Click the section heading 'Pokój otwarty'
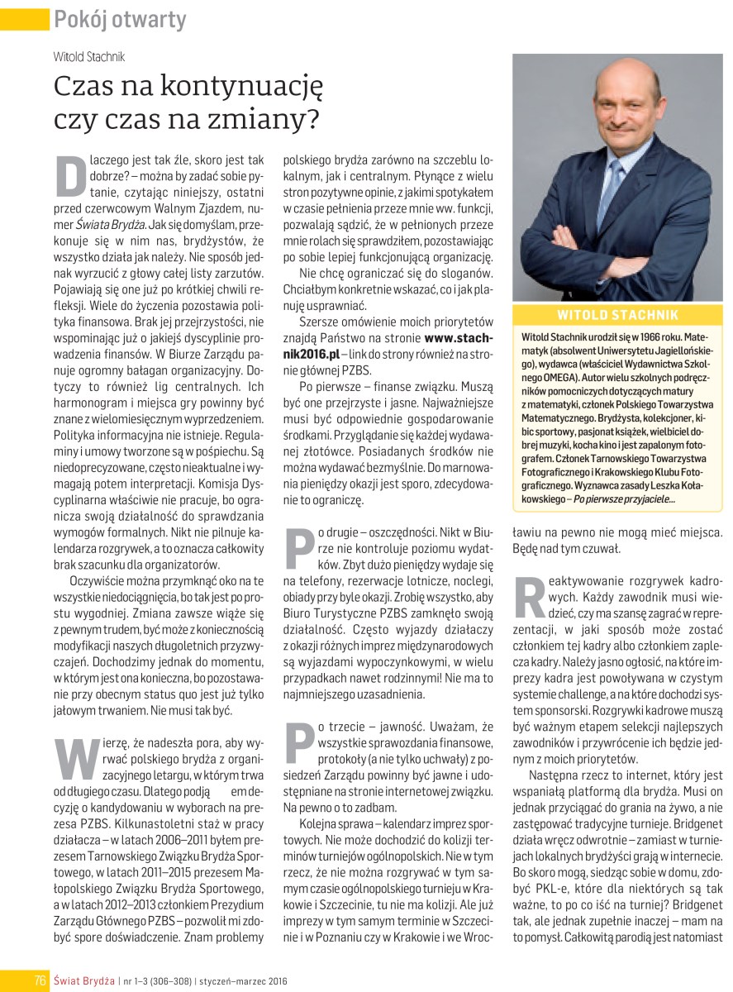[x=119, y=18]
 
